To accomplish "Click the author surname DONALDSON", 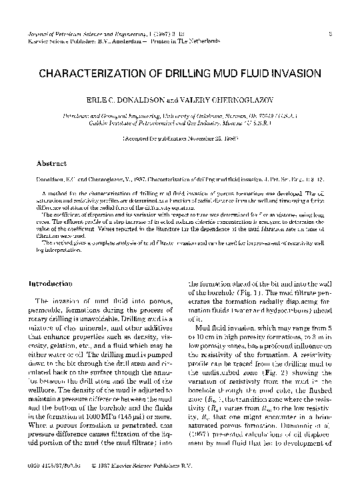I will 132,99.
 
